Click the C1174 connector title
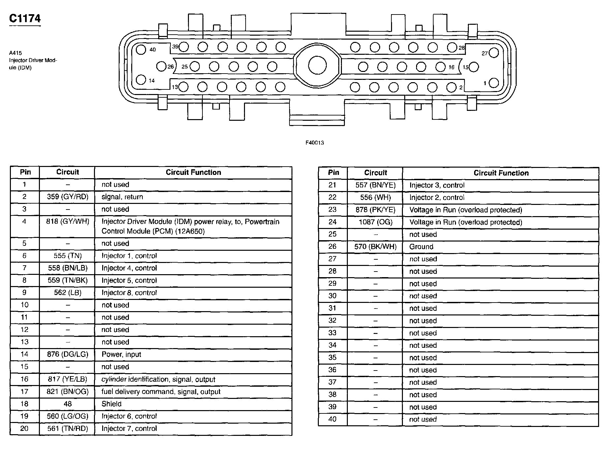(x=25, y=18)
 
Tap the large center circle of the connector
(x=317, y=65)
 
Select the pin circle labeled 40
(x=141, y=50)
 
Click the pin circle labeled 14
(x=141, y=80)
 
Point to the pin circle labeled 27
(x=494, y=53)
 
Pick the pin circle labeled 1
(x=494, y=83)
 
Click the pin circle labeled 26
(x=161, y=66)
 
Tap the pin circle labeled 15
(x=474, y=67)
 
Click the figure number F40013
(x=315, y=143)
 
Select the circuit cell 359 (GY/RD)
(x=68, y=197)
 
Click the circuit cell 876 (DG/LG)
(x=68, y=354)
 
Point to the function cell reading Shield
(x=111, y=404)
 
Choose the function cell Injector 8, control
(x=129, y=293)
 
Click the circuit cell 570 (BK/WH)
(x=376, y=247)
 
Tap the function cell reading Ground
(x=421, y=247)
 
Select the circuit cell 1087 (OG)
(x=376, y=222)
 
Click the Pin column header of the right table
(x=333, y=173)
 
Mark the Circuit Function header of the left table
(x=193, y=172)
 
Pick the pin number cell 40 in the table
(x=332, y=419)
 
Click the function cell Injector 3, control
(x=437, y=185)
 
